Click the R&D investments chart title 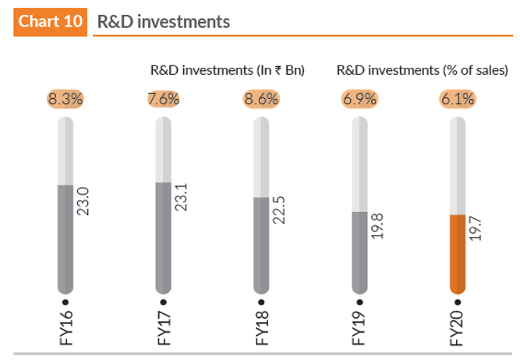tap(163, 21)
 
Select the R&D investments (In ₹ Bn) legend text tap(227, 70)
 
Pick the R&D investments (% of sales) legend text tap(423, 70)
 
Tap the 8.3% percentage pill tap(65, 99)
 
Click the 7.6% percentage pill tap(163, 99)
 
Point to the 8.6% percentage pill tap(261, 99)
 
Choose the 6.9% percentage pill tap(359, 99)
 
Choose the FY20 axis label tap(458, 328)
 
